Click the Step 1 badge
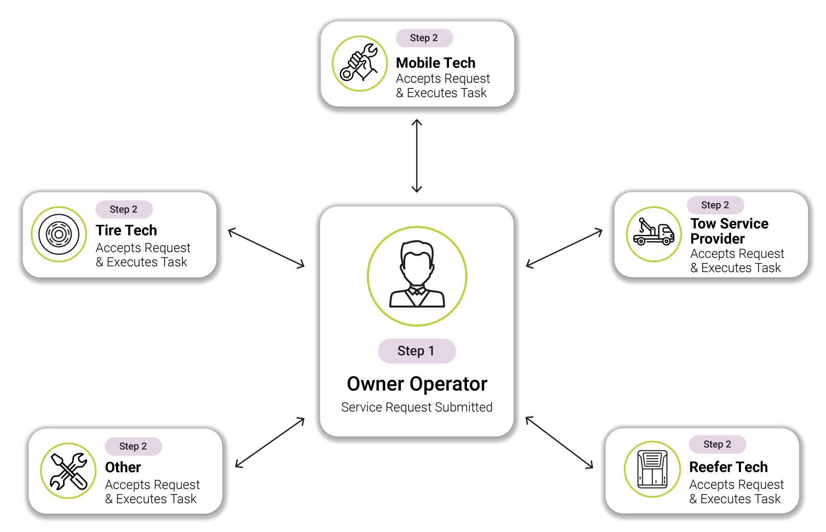(417, 351)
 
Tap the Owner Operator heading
(417, 383)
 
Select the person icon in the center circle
(417, 275)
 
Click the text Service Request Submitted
(417, 407)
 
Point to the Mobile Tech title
(435, 63)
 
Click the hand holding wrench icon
(359, 63)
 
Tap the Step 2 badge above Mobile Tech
(424, 38)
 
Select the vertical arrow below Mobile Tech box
(417, 156)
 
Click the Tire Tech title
(126, 230)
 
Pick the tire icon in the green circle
(59, 234)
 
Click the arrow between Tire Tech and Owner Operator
(266, 248)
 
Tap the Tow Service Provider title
(729, 230)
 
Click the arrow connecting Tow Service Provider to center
(564, 248)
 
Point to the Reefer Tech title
(728, 467)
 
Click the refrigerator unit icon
(652, 469)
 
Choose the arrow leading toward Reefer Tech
(559, 442)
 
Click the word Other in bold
(123, 467)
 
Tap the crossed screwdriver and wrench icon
(69, 471)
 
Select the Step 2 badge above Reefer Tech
(717, 444)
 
